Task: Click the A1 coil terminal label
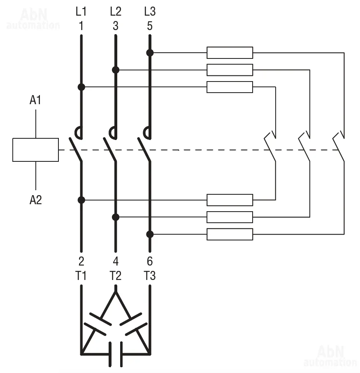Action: coord(35,100)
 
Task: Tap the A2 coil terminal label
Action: coord(36,200)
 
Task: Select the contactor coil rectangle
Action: coord(36,150)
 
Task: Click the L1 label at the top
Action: coord(81,12)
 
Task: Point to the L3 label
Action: coord(150,12)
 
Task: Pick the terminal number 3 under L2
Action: coord(116,26)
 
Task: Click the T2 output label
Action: coord(116,276)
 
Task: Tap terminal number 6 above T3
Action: coord(150,261)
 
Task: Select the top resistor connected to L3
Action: coord(230,53)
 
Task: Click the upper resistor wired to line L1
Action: coord(230,87)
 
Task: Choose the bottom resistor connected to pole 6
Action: coord(230,234)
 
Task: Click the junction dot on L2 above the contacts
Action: coord(116,70)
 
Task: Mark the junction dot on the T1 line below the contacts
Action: coord(81,200)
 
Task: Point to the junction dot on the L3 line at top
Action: coord(150,53)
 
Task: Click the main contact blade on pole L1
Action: coord(76,149)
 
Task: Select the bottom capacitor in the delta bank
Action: coord(116,354)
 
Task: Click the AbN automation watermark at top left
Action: coord(33,19)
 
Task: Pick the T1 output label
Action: coord(81,276)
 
